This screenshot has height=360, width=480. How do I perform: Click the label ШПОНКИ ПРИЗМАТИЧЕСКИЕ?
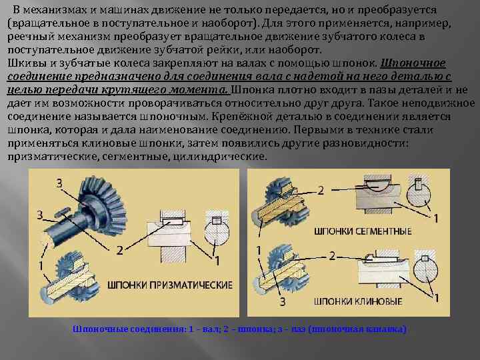click(170, 285)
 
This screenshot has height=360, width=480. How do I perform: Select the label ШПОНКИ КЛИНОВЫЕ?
click(349, 301)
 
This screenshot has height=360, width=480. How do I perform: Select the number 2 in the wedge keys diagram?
click(331, 256)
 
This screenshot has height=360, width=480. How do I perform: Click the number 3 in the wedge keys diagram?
click(283, 302)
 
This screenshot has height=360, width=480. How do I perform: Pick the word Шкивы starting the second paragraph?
click(23, 63)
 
